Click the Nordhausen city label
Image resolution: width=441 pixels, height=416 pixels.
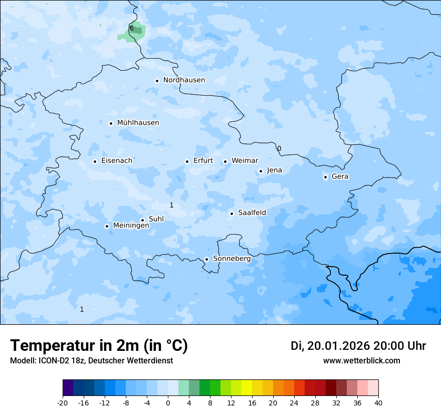pos(184,80)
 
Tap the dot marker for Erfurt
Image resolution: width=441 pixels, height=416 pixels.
pos(187,161)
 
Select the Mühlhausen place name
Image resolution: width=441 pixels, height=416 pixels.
pos(138,123)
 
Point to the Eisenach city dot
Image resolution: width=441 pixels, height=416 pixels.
pos(95,161)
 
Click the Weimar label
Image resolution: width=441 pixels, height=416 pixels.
pos(245,161)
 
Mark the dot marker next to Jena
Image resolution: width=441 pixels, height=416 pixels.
pos(261,171)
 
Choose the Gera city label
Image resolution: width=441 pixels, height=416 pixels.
pos(340,176)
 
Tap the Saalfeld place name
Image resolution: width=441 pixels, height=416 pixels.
pos(252,213)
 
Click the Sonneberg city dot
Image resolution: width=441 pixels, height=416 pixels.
pos(206,259)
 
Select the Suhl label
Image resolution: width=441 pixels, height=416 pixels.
pos(156,219)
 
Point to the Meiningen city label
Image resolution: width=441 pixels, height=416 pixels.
pos(131,226)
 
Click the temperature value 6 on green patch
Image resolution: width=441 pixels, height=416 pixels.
pos(131,29)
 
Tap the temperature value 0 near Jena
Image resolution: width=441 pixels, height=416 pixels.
pos(279,148)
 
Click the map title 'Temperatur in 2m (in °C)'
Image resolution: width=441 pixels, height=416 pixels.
pos(99,346)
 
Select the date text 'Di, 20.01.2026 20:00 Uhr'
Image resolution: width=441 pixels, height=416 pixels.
pos(358,346)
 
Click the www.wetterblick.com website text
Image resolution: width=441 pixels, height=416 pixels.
pos(361,361)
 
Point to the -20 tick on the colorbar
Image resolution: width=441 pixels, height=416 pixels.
pos(63,402)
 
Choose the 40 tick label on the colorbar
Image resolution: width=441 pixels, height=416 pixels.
pos(378,402)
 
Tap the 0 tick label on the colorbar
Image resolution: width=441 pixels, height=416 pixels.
pos(168,402)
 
